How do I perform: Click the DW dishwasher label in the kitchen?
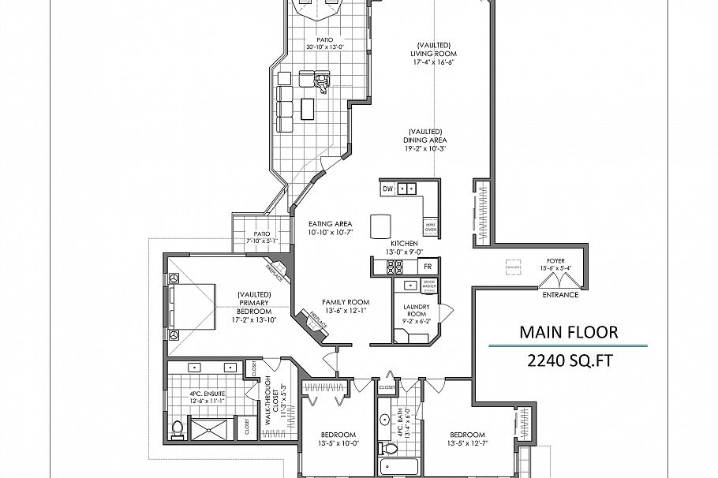pos(388,189)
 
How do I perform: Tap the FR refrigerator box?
pos(428,267)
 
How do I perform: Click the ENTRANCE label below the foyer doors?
pos(560,295)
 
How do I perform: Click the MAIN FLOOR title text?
pos(568,332)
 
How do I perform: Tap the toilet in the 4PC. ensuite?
pos(178,428)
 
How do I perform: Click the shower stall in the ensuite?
pos(211,429)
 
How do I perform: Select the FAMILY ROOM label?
pos(346,302)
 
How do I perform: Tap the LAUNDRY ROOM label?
pos(416,310)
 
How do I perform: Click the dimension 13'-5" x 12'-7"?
pos(467,444)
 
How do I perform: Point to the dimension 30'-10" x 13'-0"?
pos(325,47)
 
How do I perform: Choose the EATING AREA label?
pos(330,224)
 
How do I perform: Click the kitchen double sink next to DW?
pos(407,189)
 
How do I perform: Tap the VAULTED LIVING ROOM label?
pos(434,53)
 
